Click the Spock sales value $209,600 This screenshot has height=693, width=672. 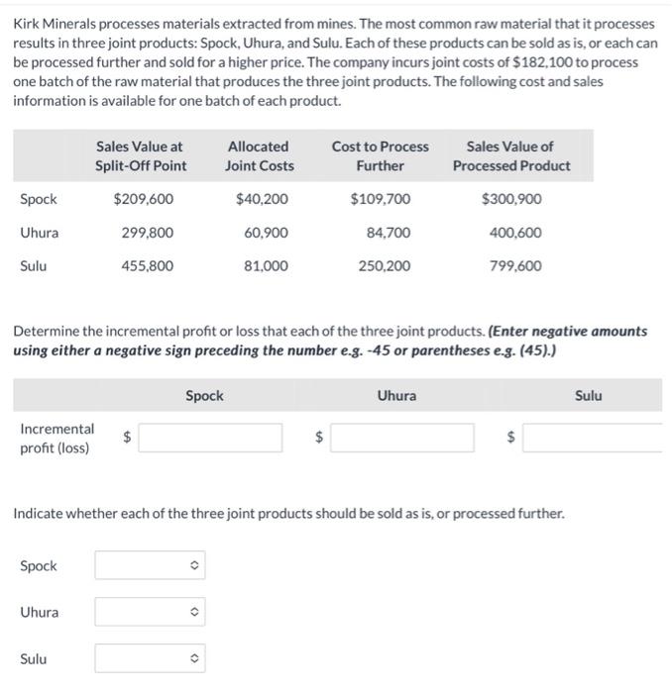click(144, 199)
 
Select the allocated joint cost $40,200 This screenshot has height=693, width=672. click(263, 199)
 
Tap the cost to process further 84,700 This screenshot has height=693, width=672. click(389, 233)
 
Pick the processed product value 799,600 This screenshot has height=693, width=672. click(515, 265)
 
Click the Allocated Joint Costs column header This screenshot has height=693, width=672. click(261, 155)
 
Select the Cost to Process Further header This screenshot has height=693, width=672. click(380, 155)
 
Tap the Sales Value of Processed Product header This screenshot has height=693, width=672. click(511, 155)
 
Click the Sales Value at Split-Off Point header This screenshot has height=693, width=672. click(141, 155)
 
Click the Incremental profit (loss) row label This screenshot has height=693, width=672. click(56, 439)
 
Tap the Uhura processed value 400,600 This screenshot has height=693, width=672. click(515, 233)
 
